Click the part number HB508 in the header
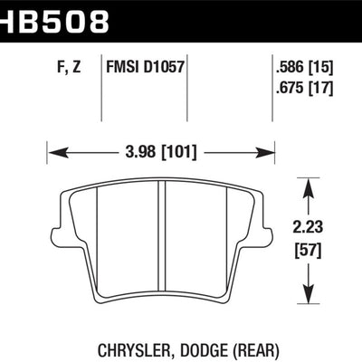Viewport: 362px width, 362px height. pos(54,17)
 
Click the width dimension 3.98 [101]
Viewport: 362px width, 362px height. pos(160,150)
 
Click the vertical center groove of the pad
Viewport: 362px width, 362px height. pos(160,244)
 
